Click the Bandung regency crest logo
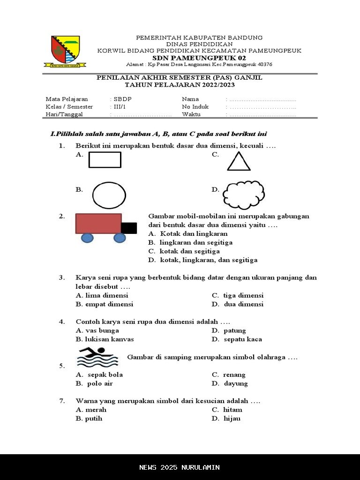65,51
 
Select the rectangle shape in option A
105,159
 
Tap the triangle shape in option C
239,161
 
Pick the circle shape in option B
109,195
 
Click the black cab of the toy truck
129,228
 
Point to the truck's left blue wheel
88,238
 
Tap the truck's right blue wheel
120,238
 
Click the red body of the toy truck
98,224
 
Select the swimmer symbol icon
97,357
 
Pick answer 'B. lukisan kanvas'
105,339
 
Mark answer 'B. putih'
89,419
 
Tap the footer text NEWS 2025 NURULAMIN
180,467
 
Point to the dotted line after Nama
262,100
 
